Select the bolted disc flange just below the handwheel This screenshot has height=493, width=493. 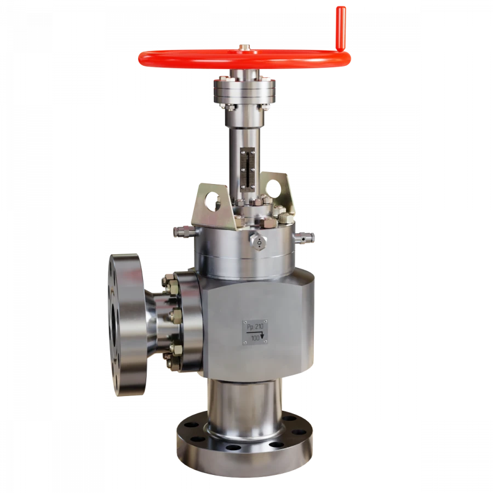tap(243, 90)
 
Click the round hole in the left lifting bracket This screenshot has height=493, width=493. tap(212, 201)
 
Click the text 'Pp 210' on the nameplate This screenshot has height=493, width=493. tap(255, 328)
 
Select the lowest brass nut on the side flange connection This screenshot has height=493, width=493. tap(167, 358)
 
